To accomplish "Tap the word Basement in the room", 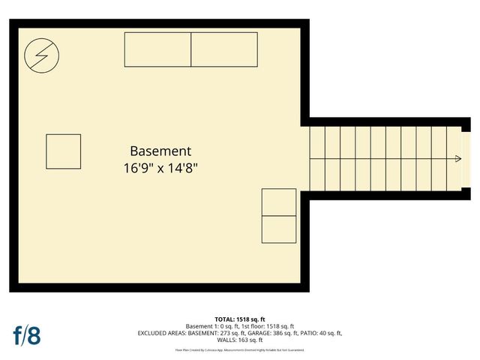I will [x=160, y=151].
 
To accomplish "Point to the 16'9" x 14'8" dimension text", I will [x=160, y=168].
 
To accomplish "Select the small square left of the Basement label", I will [x=63, y=151].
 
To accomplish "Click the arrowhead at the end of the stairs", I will [x=457, y=159].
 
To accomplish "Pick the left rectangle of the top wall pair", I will [x=157, y=49].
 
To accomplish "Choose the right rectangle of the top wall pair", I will [x=224, y=49].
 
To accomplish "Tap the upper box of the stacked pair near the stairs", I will [x=278, y=202].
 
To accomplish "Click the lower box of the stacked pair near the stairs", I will [x=278, y=229].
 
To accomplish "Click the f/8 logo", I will [x=26, y=334].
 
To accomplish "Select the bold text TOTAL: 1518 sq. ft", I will [x=240, y=319].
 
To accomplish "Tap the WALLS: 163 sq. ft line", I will [x=240, y=340].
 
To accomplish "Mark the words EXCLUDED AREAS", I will [x=162, y=333].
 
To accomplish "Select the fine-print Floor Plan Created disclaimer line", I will [x=240, y=350].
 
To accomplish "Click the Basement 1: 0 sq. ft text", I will [x=210, y=326].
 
